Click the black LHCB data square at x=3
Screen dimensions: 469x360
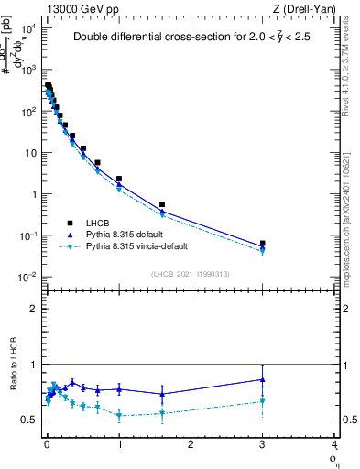[263, 244]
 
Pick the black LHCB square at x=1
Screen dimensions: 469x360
[119, 179]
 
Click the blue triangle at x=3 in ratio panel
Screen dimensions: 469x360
[263, 379]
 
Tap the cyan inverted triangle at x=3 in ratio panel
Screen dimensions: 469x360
[263, 401]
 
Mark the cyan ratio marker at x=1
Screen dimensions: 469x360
[119, 415]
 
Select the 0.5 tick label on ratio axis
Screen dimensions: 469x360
[30, 420]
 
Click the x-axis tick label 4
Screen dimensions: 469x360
[333, 447]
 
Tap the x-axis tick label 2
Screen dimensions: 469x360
[191, 447]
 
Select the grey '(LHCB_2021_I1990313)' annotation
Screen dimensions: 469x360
[191, 275]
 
